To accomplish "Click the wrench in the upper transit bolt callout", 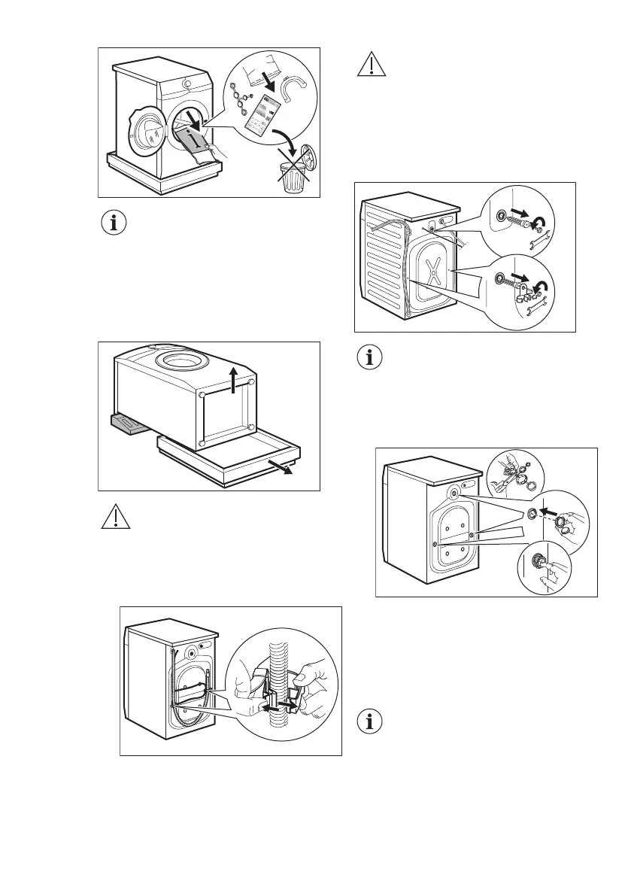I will (539, 242).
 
